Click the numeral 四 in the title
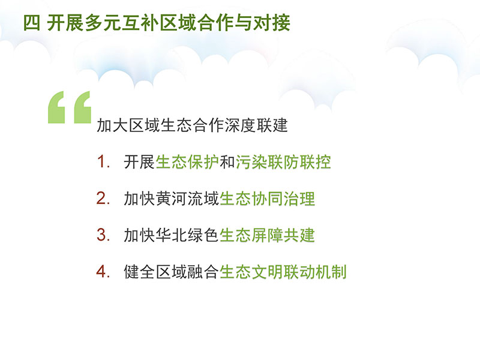32,23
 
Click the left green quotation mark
56,107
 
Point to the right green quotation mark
83,107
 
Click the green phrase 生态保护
187,161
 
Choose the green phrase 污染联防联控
283,161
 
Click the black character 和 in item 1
227,161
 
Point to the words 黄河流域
187,199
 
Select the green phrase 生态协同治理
267,199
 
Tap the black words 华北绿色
187,235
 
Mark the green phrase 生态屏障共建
267,235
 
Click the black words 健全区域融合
172,272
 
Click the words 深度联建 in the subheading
256,125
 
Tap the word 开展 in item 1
140,161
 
